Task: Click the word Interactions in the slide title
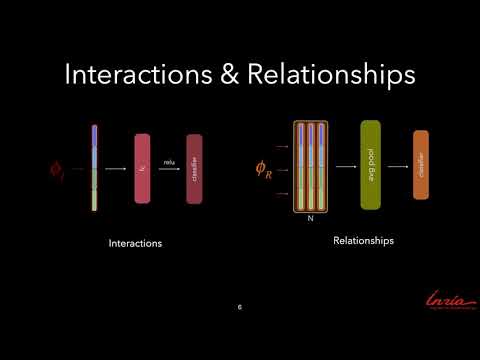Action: pyautogui.click(x=124, y=76)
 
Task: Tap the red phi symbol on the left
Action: pyautogui.click(x=57, y=170)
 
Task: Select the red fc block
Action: pyautogui.click(x=142, y=168)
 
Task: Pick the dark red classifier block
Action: pyautogui.click(x=194, y=168)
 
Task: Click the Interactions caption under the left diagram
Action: pyautogui.click(x=135, y=243)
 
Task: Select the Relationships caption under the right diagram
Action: pyautogui.click(x=364, y=241)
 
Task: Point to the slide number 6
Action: pyautogui.click(x=240, y=307)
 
